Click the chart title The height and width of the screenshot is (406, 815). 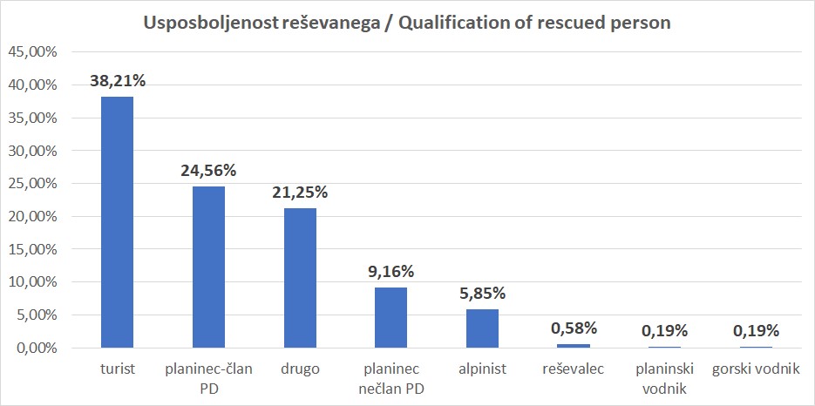pyautogui.click(x=407, y=23)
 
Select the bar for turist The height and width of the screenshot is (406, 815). pyautogui.click(x=118, y=222)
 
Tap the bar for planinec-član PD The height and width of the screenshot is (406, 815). pyautogui.click(x=208, y=267)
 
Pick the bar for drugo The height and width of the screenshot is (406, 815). pyautogui.click(x=300, y=278)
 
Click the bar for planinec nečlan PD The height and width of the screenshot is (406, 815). pyautogui.click(x=391, y=317)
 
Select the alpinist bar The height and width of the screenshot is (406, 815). pyautogui.click(x=482, y=328)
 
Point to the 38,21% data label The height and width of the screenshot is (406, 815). pyautogui.click(x=118, y=81)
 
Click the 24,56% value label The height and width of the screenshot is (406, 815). pyautogui.click(x=208, y=171)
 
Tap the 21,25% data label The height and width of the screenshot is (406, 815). pyautogui.click(x=300, y=193)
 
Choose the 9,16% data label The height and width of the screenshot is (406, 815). pyautogui.click(x=391, y=272)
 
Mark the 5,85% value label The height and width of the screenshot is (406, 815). pyautogui.click(x=482, y=294)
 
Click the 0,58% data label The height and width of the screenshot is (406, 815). pyautogui.click(x=573, y=328)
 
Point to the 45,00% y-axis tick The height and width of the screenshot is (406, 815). pyautogui.click(x=32, y=52)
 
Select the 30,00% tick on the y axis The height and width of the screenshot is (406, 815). pyautogui.click(x=32, y=151)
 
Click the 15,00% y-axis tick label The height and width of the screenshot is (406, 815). pyautogui.click(x=32, y=249)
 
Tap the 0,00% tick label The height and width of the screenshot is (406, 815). pyautogui.click(x=36, y=348)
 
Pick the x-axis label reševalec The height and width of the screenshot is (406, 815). pyautogui.click(x=573, y=369)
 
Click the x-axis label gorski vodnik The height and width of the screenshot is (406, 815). pyautogui.click(x=755, y=369)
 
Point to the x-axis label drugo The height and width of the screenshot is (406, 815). pyautogui.click(x=300, y=369)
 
